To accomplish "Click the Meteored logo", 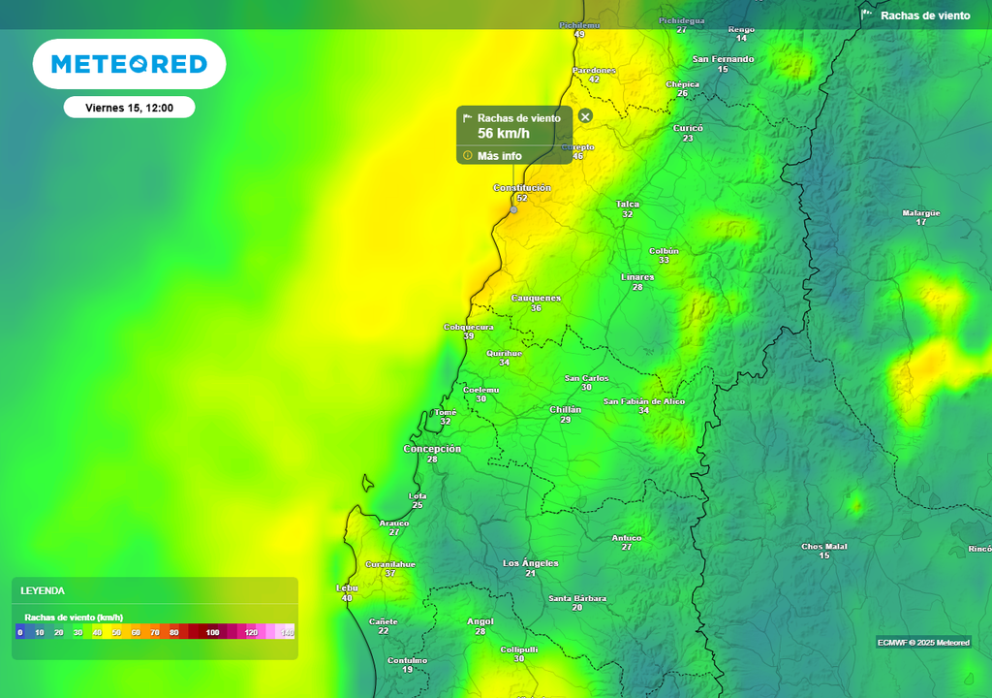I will (x=129, y=64).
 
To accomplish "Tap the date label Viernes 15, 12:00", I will (x=129, y=108).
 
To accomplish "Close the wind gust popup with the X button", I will (x=585, y=116).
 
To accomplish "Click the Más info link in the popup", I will (x=499, y=156).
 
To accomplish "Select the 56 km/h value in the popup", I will (x=504, y=134).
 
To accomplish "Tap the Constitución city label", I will (x=522, y=187).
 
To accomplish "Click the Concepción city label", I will (x=432, y=449).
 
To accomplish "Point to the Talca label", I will (x=628, y=204).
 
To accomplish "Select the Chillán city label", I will (x=566, y=409).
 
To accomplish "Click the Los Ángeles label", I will (x=531, y=563).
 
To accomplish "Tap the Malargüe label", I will (x=921, y=212).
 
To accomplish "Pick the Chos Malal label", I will (x=824, y=547).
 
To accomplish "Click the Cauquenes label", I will (x=536, y=298).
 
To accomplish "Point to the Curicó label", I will (x=688, y=128).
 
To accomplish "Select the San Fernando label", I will (x=723, y=59).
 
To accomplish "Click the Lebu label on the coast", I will (x=347, y=587).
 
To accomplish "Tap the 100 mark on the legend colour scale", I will (x=213, y=632).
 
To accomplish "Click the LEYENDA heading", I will (x=43, y=590).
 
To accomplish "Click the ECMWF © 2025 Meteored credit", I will (x=923, y=643).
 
